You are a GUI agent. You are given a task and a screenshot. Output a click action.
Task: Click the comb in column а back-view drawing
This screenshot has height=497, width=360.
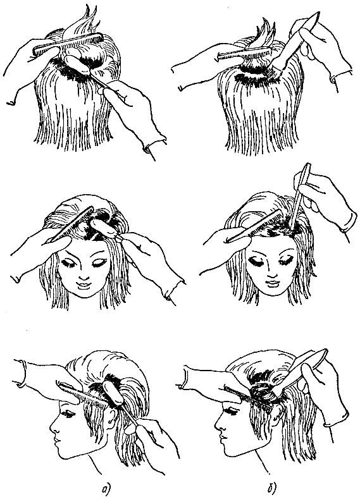point(68,44)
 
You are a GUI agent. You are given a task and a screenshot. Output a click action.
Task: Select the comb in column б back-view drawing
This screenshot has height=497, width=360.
point(244,53)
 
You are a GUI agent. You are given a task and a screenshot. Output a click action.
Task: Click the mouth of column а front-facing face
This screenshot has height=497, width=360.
point(84,285)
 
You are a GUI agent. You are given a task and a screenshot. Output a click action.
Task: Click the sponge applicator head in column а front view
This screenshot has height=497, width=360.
point(103,228)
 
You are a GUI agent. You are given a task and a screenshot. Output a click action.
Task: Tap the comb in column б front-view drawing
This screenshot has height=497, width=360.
point(254,226)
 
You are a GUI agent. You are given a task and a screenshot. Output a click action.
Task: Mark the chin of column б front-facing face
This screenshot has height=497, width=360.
point(273,293)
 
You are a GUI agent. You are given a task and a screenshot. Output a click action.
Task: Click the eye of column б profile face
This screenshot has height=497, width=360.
point(232,412)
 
